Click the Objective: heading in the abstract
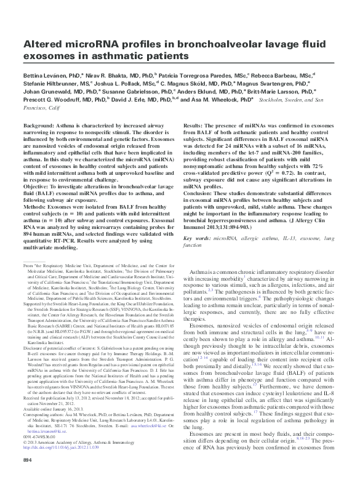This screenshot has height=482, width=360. (38, 185)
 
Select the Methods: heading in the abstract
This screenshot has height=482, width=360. (37, 207)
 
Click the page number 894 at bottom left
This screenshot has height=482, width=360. (28, 460)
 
